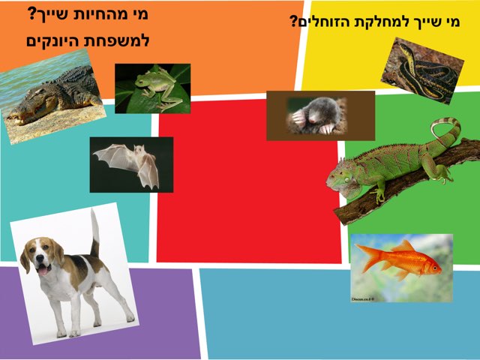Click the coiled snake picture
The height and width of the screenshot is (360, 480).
(421, 70)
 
